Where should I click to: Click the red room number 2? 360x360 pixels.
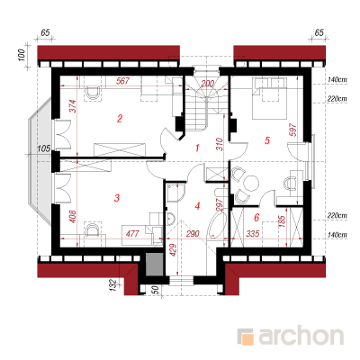(x=120, y=119)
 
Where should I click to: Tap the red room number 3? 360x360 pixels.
(x=117, y=198)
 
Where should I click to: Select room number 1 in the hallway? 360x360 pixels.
(x=197, y=148)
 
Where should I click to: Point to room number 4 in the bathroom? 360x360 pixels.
(x=197, y=206)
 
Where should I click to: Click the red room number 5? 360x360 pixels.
(x=267, y=140)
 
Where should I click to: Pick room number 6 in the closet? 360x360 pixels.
(x=256, y=218)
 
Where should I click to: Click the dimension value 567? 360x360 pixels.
(x=122, y=81)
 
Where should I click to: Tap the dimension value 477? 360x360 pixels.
(x=132, y=233)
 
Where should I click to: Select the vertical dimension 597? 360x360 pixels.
(x=293, y=130)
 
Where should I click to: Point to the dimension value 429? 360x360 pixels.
(x=173, y=249)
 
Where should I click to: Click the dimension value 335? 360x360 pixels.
(x=252, y=233)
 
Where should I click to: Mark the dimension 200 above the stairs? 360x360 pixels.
(x=207, y=83)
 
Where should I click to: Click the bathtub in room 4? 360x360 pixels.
(x=216, y=226)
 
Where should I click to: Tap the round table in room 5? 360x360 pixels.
(x=251, y=183)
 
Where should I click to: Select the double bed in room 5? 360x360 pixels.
(x=269, y=98)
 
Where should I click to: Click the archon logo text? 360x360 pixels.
(x=301, y=337)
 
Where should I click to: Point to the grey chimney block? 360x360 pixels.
(x=154, y=265)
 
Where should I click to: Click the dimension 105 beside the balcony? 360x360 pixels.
(x=44, y=148)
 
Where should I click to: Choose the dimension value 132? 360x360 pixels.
(x=112, y=284)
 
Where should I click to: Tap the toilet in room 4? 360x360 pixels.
(x=170, y=219)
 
